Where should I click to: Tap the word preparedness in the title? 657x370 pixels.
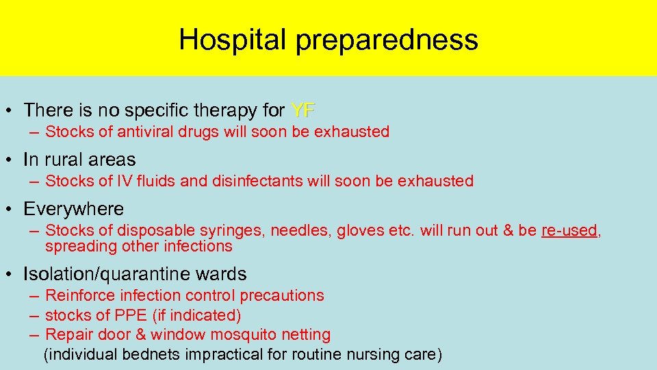tap(387, 40)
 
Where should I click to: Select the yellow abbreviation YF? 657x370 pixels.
tap(303, 110)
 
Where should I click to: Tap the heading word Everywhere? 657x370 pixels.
tap(73, 209)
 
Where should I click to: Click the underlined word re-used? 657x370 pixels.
tap(569, 230)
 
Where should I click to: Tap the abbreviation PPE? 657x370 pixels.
tap(138, 315)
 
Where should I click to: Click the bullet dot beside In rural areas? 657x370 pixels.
tap(10, 160)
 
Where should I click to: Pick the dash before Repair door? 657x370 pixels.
tap(34, 335)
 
